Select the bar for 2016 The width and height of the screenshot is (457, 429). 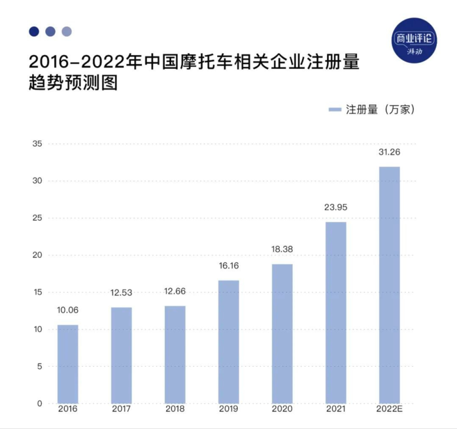pos(67,364)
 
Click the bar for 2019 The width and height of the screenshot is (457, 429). pos(228,341)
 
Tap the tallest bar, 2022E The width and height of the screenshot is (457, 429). pos(389,285)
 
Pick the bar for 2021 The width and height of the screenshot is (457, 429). pos(335,312)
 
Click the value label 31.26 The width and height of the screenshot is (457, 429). pos(389,153)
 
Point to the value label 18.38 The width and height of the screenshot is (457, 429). pos(282,250)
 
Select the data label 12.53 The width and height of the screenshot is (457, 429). pos(121,293)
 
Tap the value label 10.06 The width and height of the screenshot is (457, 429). pos(67,310)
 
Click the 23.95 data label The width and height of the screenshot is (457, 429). pos(335,208)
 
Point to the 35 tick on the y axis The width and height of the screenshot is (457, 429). pos(37,144)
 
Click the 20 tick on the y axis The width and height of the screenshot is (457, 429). pos(37,255)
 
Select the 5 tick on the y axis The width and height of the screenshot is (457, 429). pos(39,367)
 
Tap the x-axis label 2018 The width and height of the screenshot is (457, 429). pos(175,409)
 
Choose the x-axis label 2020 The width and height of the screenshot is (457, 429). pos(282,409)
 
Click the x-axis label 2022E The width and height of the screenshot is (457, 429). pos(389,409)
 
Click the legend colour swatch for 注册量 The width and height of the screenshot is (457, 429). pos(334,109)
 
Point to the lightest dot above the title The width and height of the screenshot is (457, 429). pos(67,31)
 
